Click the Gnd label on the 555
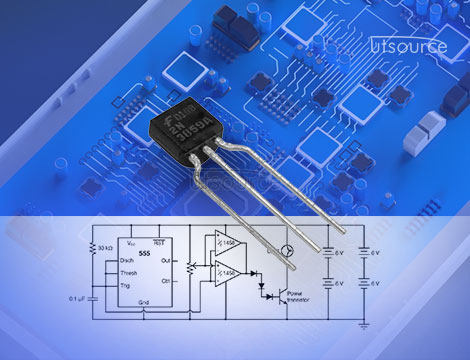point(143,301)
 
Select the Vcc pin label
point(130,243)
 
